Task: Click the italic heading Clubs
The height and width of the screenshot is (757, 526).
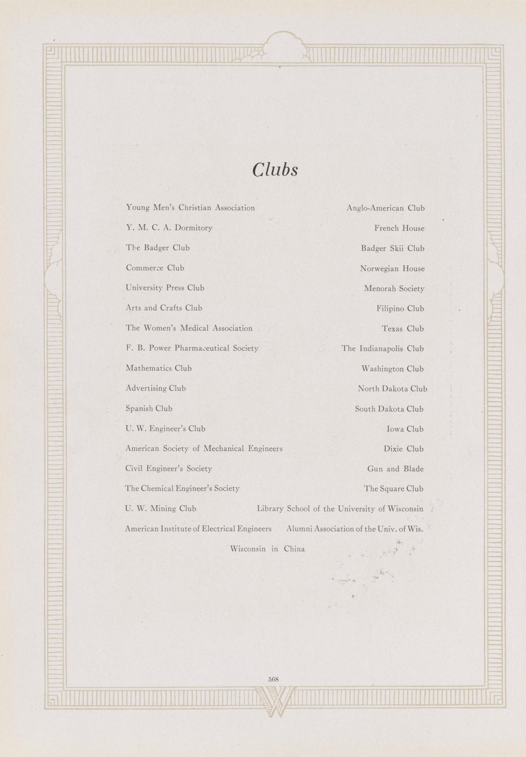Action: pos(275,170)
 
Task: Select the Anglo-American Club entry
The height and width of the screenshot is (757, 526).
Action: pos(385,208)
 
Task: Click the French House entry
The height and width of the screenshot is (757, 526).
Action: pos(399,228)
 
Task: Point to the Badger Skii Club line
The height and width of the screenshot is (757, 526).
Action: pos(393,248)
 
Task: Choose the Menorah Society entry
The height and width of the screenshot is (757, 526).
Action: pos(394,288)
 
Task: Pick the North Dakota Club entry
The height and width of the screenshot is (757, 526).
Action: pos(392,389)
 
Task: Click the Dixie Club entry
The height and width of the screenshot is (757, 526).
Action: pos(403,449)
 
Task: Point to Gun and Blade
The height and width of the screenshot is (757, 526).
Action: pos(395,469)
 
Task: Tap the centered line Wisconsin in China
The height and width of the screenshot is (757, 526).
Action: pos(267,549)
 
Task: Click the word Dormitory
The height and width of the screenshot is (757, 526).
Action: pos(193,228)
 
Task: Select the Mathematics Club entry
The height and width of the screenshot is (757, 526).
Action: pos(158,368)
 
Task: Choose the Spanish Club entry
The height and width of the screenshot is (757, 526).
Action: pos(149,409)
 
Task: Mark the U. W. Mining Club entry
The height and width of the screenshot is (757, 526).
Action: pos(161,508)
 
